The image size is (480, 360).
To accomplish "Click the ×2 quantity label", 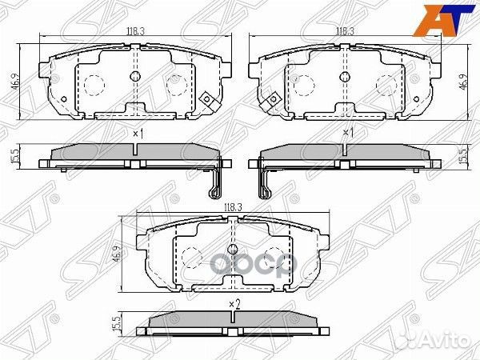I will [233, 304].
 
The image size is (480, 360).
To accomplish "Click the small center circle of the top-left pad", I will [135, 78].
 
